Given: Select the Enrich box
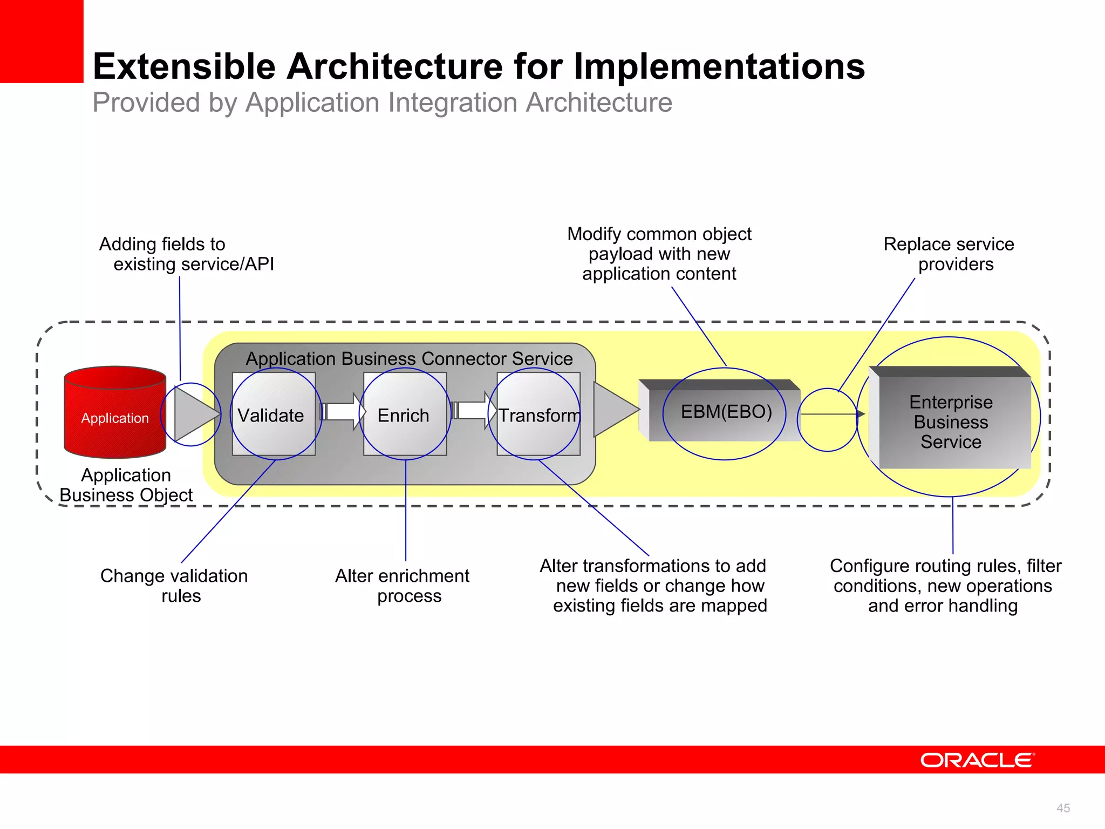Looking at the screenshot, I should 405,414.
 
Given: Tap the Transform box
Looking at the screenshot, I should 538,414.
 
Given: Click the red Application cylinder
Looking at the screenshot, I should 115,413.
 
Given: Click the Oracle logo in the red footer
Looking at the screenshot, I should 977,760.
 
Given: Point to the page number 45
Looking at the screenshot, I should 1062,808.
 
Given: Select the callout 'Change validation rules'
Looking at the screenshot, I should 174,586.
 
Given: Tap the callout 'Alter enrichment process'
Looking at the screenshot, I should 403,586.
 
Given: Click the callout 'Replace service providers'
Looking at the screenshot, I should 950,254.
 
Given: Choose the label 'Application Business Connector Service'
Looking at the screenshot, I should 409,358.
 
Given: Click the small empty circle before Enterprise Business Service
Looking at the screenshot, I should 827,420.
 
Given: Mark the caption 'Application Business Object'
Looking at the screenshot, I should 126,485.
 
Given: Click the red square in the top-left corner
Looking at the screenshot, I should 42,41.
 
